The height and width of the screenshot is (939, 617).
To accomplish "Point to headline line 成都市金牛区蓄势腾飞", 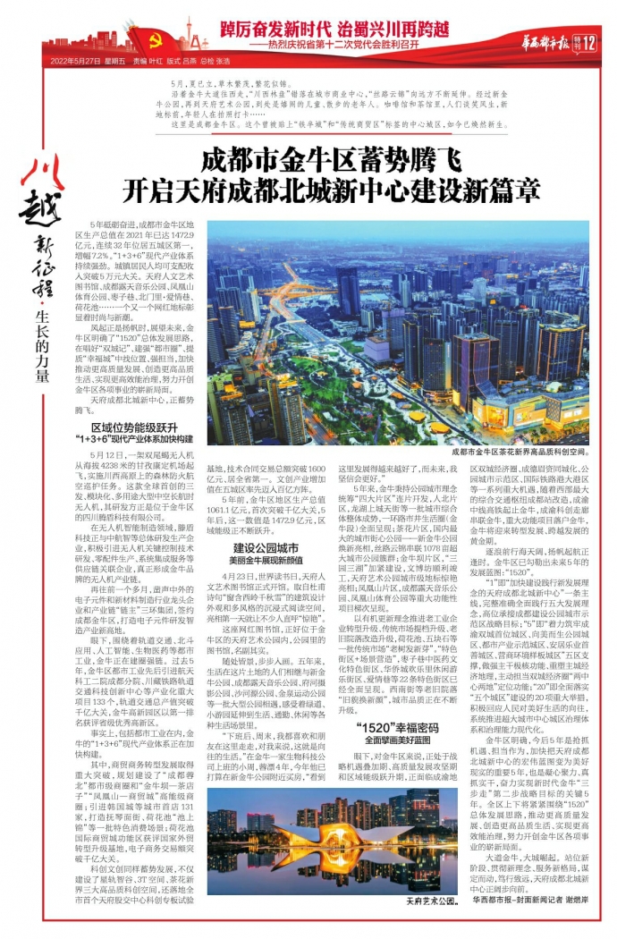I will point(331,162).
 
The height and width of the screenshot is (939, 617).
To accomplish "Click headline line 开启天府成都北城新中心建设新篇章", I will point(331,192).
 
